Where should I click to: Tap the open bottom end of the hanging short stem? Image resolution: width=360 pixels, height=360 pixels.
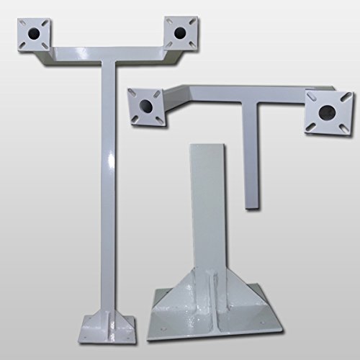[x=251, y=208]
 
